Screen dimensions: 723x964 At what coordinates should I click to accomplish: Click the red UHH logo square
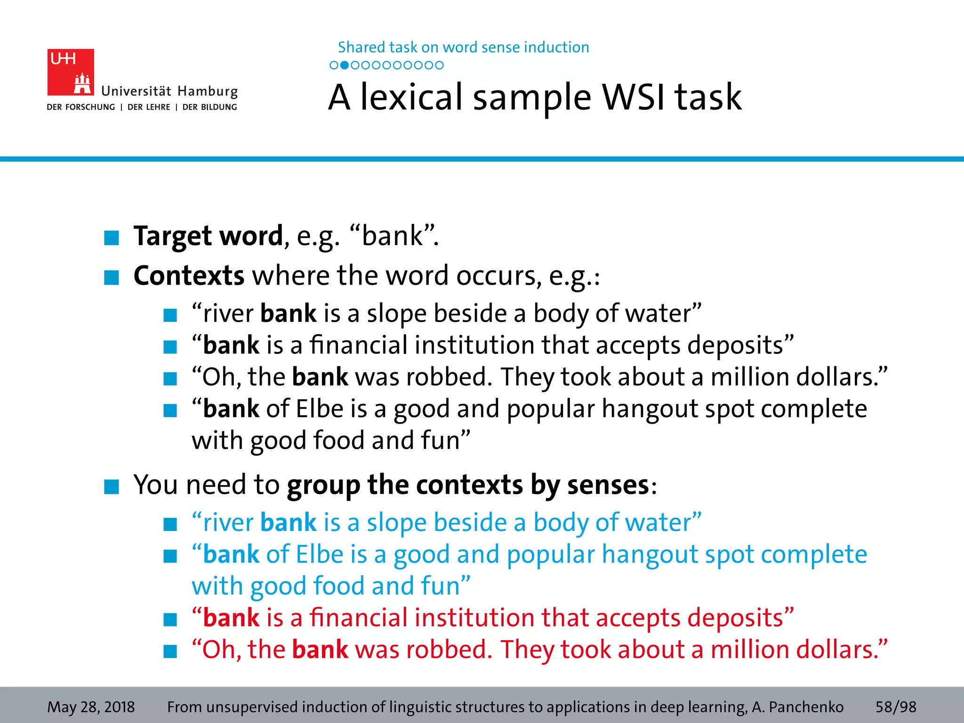coord(71,72)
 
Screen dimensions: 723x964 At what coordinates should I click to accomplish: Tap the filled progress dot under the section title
coord(344,65)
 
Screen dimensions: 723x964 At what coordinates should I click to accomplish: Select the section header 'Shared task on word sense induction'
coord(463,48)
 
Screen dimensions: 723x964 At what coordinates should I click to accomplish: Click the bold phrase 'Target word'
coord(208,236)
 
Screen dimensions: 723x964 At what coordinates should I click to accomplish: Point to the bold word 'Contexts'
coord(189,275)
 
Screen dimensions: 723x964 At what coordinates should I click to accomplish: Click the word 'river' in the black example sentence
coord(228,314)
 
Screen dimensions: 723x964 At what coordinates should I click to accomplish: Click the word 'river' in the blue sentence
coord(228,523)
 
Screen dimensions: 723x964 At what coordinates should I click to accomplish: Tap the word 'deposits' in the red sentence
coord(735,618)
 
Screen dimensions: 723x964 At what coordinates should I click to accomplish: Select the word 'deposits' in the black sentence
coord(735,345)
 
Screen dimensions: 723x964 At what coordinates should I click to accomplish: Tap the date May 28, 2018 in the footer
coord(91,707)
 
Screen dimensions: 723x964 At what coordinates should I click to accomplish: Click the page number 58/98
coord(895,707)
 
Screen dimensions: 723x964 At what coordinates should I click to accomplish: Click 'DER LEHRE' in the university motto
coord(149,107)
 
